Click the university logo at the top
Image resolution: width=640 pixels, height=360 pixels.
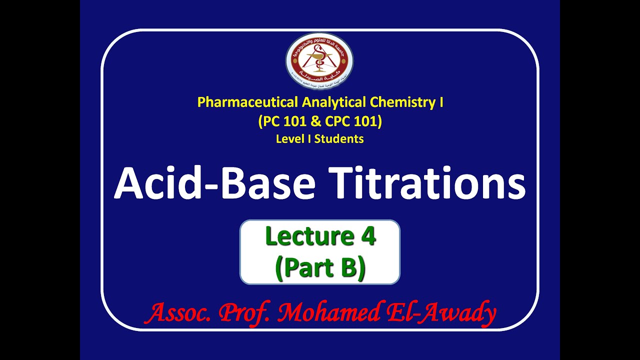tap(319, 61)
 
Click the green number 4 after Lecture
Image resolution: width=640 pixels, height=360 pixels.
tap(367, 236)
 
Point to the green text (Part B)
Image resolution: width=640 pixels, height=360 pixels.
tap(320, 267)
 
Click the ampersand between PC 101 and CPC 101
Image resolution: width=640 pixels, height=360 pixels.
tap(319, 121)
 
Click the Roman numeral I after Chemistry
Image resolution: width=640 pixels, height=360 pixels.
tap(440, 102)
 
